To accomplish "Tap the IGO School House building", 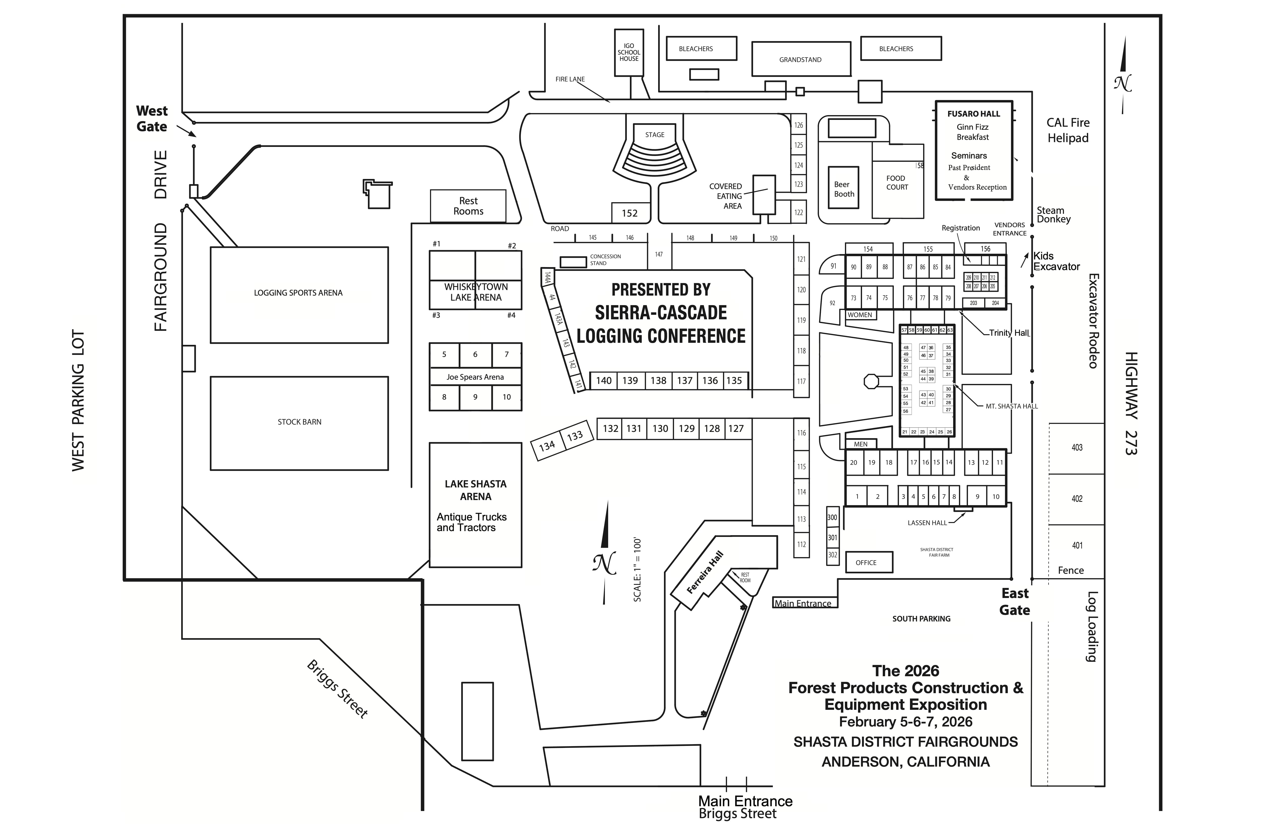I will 629,53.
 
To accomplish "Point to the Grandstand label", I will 800,60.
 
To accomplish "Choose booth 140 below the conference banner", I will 603,380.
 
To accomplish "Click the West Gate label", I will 152,118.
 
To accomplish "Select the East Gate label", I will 1014,602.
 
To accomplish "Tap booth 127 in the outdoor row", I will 736,428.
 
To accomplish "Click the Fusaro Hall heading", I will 973,114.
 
